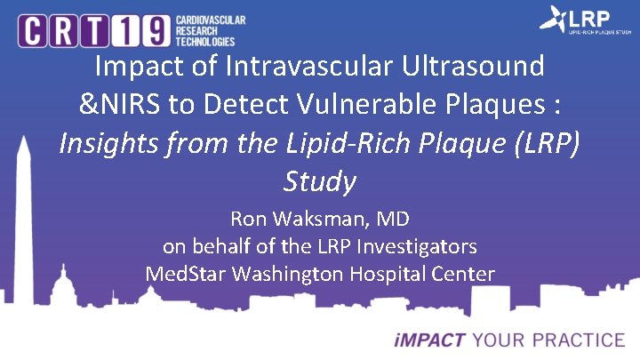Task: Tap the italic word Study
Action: click(x=319, y=181)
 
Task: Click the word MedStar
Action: click(x=185, y=274)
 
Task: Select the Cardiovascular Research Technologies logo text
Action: click(x=210, y=30)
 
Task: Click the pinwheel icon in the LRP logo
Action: click(x=555, y=20)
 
